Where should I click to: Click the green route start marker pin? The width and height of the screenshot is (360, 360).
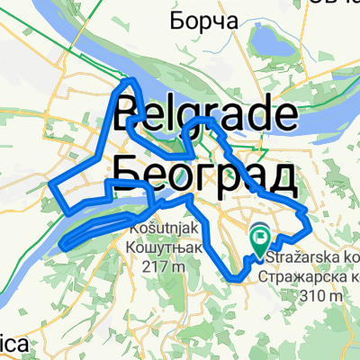click(x=259, y=238)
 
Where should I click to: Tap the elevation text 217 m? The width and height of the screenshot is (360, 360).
click(x=164, y=266)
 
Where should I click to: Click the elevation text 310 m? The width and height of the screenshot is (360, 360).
click(x=322, y=293)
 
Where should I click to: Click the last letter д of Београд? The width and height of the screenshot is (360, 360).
click(x=281, y=175)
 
